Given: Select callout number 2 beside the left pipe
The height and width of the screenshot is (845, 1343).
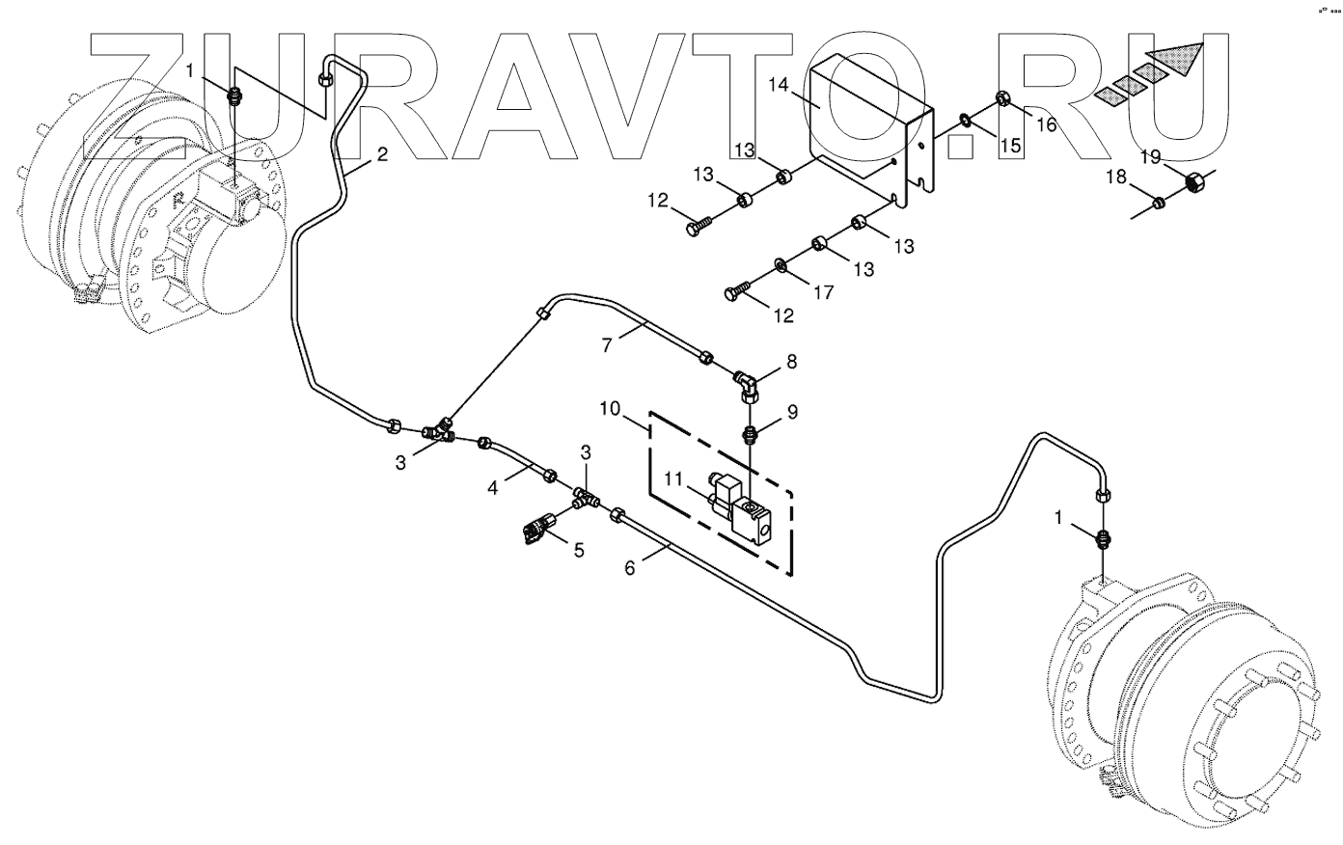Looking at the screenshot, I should [x=382, y=154].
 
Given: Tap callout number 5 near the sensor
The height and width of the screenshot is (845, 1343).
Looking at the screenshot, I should [x=579, y=550].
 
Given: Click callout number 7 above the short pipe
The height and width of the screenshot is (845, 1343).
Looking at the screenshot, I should [x=607, y=344].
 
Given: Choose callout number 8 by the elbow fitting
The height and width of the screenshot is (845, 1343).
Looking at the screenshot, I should [x=791, y=362].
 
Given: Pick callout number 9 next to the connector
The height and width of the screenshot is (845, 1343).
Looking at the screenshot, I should [x=792, y=412].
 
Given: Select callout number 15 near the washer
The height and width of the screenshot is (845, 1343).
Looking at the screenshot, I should [x=1008, y=146].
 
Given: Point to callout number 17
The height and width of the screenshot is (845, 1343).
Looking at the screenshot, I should [x=822, y=292].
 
